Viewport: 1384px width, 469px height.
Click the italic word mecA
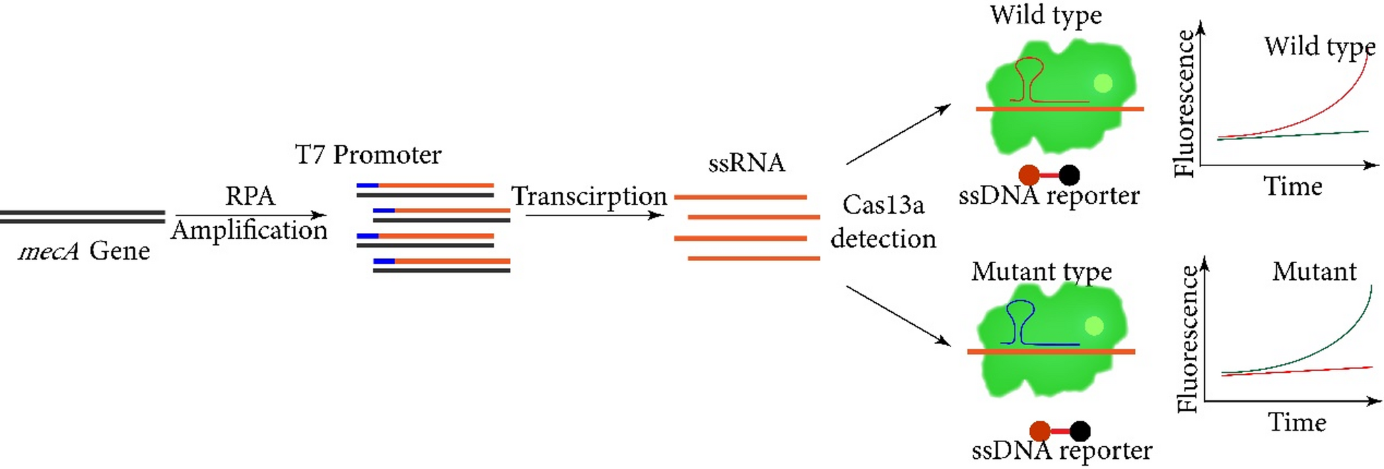pos(48,252)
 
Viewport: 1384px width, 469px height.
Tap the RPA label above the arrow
pos(250,196)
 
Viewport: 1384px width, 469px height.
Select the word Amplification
pos(249,230)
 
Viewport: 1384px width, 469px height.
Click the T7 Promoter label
pos(368,155)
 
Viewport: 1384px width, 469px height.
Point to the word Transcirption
pos(589,196)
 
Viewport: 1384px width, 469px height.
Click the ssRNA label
pos(747,163)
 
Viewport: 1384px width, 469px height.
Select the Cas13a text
pos(883,205)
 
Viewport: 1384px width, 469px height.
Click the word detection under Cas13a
pos(883,239)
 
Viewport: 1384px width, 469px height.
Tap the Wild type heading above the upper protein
pos(1045,15)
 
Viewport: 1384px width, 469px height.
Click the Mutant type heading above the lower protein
pos(1041,272)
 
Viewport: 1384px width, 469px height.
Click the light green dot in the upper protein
pos(1103,83)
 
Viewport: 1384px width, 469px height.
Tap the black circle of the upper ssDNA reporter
pos(1069,175)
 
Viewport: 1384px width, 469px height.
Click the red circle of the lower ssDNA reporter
pos(1040,431)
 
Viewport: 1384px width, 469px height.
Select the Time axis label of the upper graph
pos(1292,186)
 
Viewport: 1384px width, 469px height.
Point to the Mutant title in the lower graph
pos(1314,272)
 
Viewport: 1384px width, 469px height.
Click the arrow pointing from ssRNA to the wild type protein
pos(898,135)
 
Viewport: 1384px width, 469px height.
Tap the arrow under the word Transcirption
pos(594,215)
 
